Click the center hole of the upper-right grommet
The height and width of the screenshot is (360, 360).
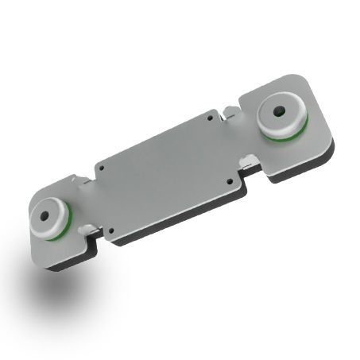pyautogui.click(x=280, y=112)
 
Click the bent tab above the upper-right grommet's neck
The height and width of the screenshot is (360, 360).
pyautogui.click(x=229, y=111)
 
